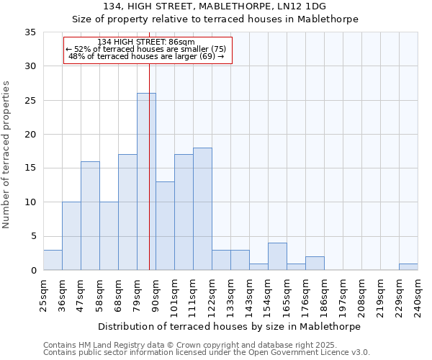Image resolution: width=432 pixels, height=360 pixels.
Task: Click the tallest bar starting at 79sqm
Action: pos(146,181)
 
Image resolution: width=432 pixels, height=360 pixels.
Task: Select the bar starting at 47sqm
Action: pos(90,216)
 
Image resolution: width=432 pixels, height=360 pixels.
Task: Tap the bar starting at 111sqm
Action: pos(202,209)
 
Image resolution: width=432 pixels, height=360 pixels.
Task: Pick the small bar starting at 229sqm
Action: pos(408,267)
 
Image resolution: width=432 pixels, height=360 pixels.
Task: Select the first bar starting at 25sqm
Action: pos(53,260)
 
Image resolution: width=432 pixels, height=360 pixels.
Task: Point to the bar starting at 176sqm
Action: pos(315,264)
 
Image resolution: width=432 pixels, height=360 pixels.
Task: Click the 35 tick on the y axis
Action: pos(30,32)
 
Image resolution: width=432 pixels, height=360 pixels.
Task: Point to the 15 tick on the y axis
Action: pos(30,168)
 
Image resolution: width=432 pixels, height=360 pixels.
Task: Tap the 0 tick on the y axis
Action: pos(33,271)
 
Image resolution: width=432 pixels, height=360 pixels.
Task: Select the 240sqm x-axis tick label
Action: pos(418,296)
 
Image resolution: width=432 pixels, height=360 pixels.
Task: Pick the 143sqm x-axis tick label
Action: pos(249,296)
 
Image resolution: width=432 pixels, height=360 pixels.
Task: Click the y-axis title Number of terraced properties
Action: pos(6,155)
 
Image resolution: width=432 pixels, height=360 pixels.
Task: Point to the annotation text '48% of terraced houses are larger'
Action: pos(146,56)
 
